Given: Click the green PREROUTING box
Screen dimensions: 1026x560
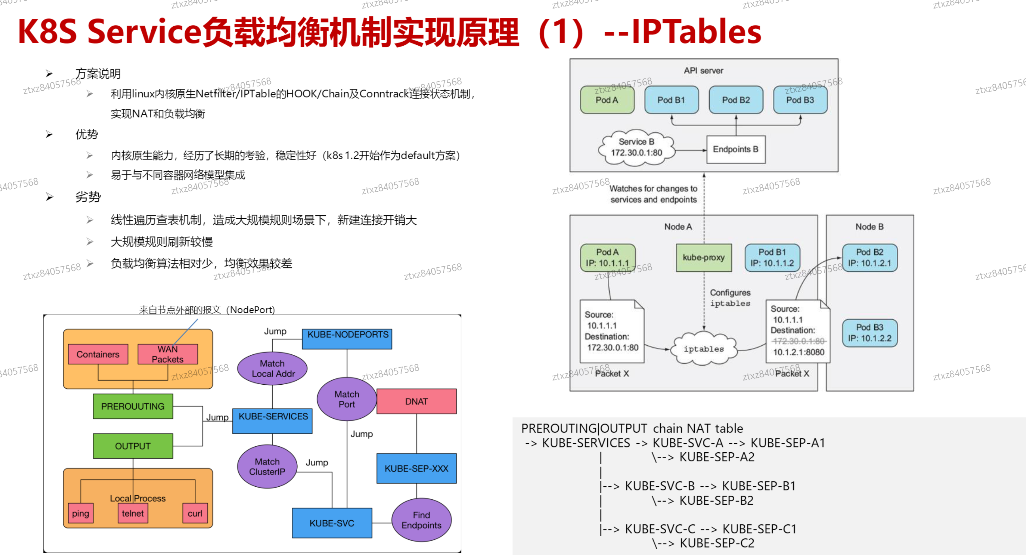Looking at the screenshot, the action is (x=133, y=406).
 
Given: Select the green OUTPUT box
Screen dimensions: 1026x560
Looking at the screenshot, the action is (x=133, y=446).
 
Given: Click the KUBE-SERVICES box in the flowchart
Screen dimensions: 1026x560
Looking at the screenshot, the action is (x=272, y=421).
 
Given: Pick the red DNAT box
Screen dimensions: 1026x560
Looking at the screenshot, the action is (x=417, y=401).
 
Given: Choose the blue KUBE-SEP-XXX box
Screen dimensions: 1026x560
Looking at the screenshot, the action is (x=417, y=468).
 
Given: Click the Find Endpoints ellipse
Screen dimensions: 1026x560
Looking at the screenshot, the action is (x=421, y=520).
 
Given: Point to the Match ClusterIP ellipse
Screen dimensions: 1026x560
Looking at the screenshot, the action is (x=267, y=467).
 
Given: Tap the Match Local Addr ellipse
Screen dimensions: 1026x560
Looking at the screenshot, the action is (x=272, y=369).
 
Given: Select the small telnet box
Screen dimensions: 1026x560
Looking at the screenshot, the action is (x=133, y=513).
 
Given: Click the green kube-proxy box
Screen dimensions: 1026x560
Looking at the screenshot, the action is (x=704, y=257).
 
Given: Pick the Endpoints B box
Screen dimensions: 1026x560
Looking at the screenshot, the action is (x=736, y=149).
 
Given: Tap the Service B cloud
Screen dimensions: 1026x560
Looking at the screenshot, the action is (x=637, y=147).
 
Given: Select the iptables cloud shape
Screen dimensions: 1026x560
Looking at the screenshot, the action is (x=704, y=349).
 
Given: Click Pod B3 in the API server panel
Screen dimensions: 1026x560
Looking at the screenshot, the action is (x=800, y=100).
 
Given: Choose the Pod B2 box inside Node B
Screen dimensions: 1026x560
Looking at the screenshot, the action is (x=870, y=257).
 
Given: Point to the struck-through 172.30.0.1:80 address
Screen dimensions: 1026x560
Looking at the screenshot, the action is (x=799, y=341).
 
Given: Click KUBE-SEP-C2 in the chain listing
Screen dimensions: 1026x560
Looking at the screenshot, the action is (x=717, y=543).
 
